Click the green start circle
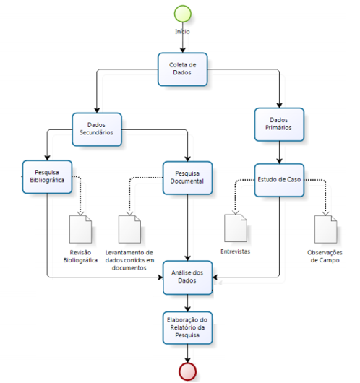[x=183, y=14]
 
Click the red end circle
[x=187, y=371]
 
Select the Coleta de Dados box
[x=183, y=69]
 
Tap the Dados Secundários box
[x=97, y=129]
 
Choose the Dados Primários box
[x=279, y=124]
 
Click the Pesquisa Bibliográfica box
[x=47, y=177]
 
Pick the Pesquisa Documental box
[x=187, y=178]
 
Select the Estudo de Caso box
[x=279, y=180]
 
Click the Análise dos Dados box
[x=187, y=277]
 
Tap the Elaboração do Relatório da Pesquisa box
[x=187, y=328]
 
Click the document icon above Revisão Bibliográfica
[x=80, y=229]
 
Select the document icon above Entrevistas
[x=236, y=228]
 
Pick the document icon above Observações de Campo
[x=325, y=229]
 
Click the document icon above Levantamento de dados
[x=129, y=229]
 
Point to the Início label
[x=182, y=31]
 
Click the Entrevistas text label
[x=236, y=251]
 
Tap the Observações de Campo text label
[x=325, y=257]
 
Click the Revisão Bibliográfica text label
[x=80, y=257]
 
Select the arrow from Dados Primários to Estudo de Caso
[x=279, y=152]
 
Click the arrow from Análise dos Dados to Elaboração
[x=187, y=303]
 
